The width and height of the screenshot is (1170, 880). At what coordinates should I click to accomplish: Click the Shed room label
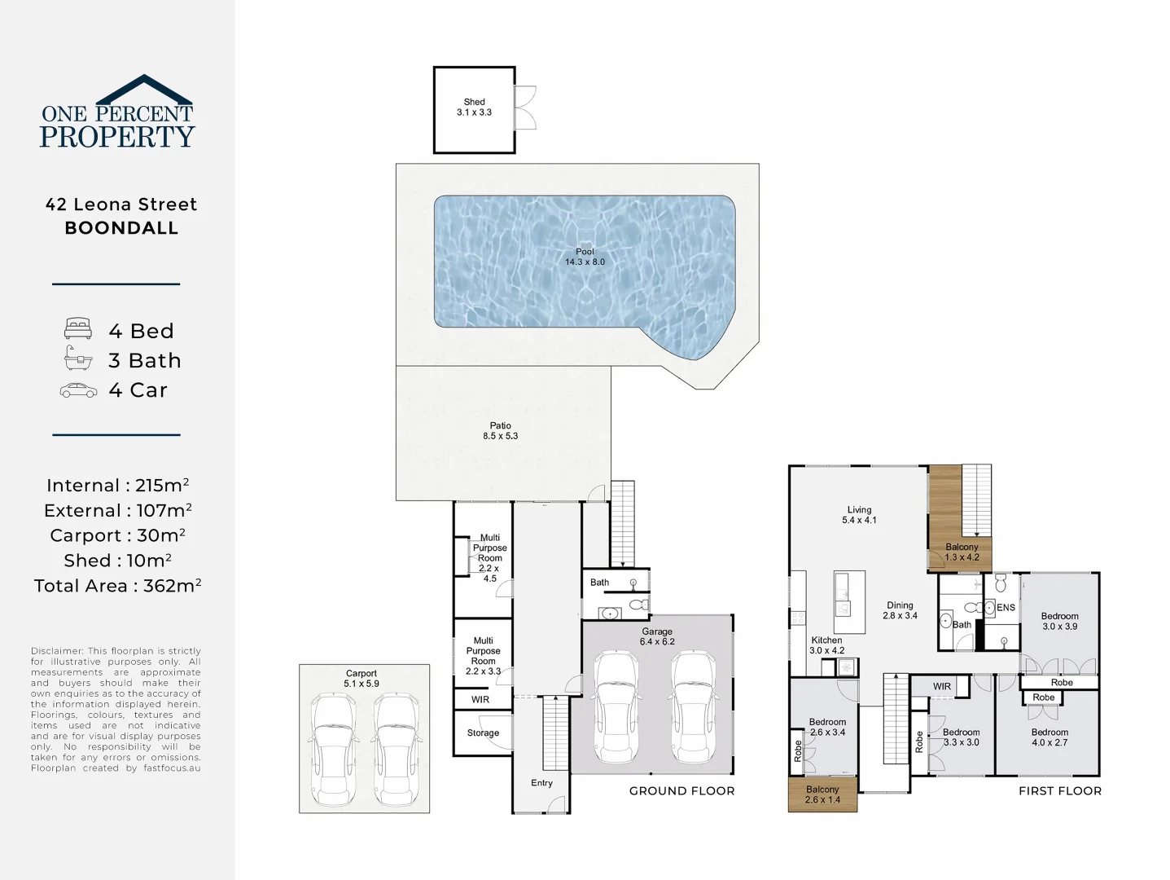click(x=474, y=103)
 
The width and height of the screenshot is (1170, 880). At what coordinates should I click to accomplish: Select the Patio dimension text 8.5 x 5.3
click(x=500, y=436)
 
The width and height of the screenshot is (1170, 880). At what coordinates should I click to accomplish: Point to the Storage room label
click(x=483, y=733)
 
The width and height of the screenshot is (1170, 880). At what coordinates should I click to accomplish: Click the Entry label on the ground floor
click(x=541, y=783)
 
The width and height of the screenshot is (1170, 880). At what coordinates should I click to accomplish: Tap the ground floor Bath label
click(x=599, y=583)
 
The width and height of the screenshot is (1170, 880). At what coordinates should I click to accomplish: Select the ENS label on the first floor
click(x=1006, y=608)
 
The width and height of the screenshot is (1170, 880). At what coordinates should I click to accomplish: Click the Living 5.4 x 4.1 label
click(x=859, y=515)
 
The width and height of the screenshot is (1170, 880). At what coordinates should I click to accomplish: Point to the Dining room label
click(x=900, y=605)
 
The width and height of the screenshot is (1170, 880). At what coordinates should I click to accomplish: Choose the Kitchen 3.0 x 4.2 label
click(x=826, y=645)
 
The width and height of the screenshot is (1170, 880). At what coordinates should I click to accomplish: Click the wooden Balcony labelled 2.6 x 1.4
click(x=822, y=794)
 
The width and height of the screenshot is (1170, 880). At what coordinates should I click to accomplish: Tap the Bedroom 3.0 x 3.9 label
click(x=1059, y=621)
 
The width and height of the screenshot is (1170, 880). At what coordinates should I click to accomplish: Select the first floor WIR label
click(x=942, y=687)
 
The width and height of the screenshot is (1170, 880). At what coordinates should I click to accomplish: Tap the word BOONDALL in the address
click(x=121, y=228)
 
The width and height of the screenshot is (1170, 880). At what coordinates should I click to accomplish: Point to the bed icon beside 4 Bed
click(x=78, y=329)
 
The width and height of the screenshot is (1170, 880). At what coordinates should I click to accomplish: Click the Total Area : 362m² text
click(x=118, y=586)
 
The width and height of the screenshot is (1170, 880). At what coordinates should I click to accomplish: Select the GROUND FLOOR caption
click(x=681, y=791)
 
